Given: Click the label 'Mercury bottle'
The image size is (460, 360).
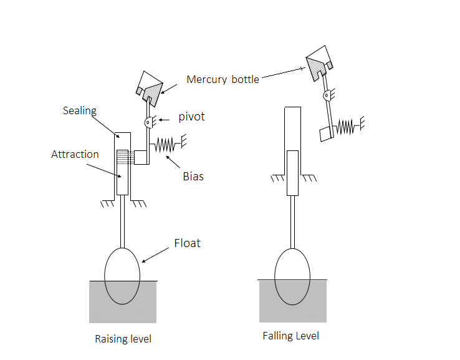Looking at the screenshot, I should (223, 79).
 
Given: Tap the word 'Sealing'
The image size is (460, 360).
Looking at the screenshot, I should (80, 110).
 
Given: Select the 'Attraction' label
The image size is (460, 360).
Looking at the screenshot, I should (75, 154).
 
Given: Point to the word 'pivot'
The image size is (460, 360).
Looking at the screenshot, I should (192, 117).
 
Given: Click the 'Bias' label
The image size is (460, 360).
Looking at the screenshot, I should (193, 177).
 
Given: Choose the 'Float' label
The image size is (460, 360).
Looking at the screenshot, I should (187, 243).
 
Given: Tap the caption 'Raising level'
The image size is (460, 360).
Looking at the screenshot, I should (123, 339).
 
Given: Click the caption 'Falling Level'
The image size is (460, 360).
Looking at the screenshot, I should (290, 336).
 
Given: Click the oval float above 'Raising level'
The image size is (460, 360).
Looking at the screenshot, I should (122, 275).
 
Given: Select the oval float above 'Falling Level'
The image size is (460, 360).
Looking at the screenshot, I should (292, 276).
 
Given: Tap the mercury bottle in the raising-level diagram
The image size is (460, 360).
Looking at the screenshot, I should (150, 87).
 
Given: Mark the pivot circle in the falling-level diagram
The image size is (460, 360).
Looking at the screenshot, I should (326, 95).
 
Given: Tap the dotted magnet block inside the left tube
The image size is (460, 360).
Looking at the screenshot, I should (122, 157).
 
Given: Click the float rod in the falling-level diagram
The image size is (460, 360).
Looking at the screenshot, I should (292, 221).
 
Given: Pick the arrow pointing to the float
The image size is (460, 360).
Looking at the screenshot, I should (156, 253).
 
